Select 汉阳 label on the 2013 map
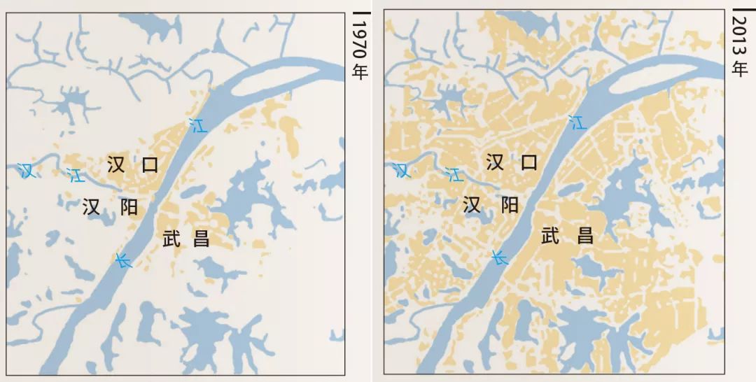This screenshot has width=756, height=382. coord(490,205)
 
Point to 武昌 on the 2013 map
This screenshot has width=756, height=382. coord(567,236)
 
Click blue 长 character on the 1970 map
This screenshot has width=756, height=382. coord(123,261)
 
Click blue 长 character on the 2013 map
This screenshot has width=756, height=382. coord(499,257)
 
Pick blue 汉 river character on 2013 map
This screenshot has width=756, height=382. coord(401,169)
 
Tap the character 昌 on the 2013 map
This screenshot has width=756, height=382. coord(585,236)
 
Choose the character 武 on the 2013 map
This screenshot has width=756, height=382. coord(551,236)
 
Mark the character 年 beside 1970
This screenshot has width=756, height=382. coord(359,71)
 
